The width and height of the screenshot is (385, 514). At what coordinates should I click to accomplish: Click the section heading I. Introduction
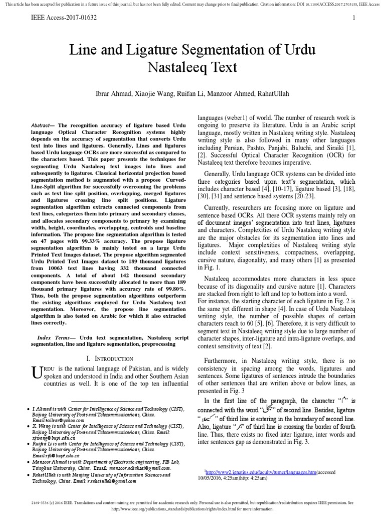110,358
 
